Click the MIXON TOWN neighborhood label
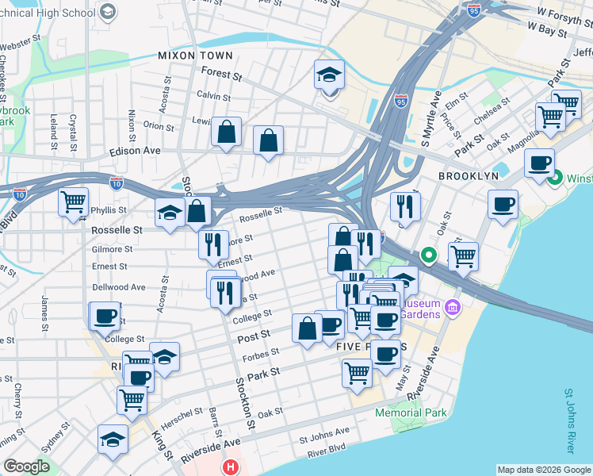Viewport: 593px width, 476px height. coord(195,56)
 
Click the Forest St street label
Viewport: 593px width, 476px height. coord(221,75)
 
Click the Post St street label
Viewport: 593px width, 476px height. coord(254,338)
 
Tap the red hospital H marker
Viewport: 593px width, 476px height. coord(230,467)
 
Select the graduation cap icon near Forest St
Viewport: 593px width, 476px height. coord(329,75)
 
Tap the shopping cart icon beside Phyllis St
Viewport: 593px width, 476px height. coord(73,202)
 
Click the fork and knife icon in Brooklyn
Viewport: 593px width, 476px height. coord(404,206)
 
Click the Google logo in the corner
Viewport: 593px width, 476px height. coord(26,466)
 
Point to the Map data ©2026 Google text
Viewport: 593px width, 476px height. coord(543,470)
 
